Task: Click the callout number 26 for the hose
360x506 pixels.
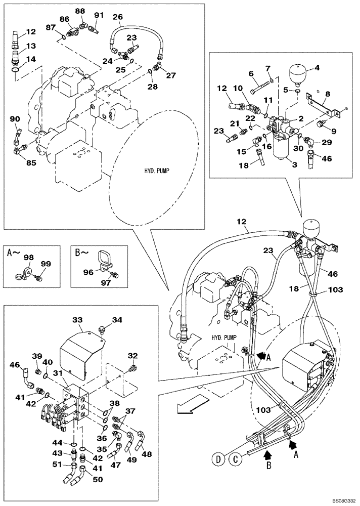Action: (117, 17)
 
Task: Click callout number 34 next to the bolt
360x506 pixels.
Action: (117, 319)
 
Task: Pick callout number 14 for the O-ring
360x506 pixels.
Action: (17, 59)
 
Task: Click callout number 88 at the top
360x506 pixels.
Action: (80, 11)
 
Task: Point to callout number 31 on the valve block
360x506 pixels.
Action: (59, 373)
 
